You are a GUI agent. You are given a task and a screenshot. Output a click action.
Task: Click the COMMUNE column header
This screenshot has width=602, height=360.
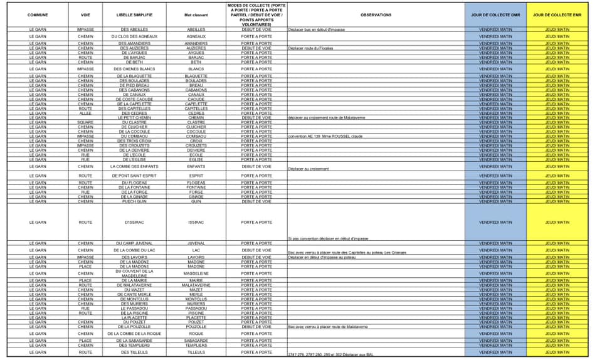(x=38, y=14)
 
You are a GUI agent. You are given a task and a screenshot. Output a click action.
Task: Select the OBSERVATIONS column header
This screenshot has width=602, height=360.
(x=376, y=14)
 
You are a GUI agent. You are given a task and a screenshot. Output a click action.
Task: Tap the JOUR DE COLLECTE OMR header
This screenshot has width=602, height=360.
(x=495, y=14)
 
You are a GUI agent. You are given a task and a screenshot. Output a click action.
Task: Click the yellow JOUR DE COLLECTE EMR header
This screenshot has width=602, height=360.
(x=557, y=14)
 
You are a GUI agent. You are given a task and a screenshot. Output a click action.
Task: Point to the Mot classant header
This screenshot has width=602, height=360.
(x=196, y=14)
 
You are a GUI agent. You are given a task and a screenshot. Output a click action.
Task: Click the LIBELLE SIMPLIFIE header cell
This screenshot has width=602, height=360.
(x=134, y=14)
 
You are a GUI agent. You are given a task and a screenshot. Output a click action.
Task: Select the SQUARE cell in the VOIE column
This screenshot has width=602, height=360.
(x=85, y=122)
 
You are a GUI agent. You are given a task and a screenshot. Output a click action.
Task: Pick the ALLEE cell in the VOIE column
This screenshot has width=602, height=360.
(x=85, y=113)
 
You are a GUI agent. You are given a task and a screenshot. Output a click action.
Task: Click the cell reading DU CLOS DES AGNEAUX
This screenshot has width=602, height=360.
(x=134, y=36)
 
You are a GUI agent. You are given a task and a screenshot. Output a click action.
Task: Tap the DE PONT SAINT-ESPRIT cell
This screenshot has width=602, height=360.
(x=134, y=176)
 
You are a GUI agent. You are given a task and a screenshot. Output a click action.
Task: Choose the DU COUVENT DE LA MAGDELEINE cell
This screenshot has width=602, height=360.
(x=134, y=273)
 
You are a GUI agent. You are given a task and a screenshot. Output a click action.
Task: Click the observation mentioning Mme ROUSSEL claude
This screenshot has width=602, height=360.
(x=325, y=136)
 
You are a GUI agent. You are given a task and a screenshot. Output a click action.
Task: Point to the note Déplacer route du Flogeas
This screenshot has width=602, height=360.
(x=311, y=48)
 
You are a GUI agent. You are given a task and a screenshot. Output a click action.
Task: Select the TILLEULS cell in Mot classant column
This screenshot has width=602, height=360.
(x=196, y=352)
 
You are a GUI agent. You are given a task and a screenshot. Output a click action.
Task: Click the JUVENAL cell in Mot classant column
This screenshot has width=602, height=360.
(x=196, y=243)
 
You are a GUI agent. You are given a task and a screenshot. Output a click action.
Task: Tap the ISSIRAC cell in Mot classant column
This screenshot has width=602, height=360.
(x=196, y=222)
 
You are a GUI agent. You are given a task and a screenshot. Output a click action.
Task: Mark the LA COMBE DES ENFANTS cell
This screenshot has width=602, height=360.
(x=134, y=167)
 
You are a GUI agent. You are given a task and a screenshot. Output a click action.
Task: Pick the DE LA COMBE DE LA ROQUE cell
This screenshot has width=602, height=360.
(x=134, y=334)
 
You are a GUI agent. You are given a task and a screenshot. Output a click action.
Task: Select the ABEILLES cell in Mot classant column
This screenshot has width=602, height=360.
(x=196, y=29)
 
